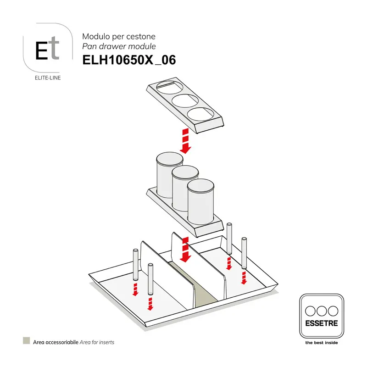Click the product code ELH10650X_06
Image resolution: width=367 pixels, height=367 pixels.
coord(129,60)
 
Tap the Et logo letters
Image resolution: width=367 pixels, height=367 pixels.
coord(47,48)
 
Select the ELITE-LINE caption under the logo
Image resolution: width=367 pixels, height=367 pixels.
coord(48,78)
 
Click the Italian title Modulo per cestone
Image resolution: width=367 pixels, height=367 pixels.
coord(119,37)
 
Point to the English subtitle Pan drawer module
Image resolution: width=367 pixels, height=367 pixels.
coord(119,46)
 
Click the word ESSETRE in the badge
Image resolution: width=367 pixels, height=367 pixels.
coord(322,323)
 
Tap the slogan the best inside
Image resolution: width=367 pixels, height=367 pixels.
coord(322,343)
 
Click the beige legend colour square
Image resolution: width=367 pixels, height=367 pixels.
coord(27,340)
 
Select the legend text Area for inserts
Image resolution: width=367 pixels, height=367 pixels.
coord(97,342)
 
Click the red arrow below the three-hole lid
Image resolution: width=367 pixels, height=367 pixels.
coord(186,141)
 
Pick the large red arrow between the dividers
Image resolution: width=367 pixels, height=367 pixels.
coord(186,250)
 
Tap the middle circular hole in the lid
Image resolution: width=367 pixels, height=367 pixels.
coord(185,101)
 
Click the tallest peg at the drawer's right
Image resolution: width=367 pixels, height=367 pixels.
coord(229,239)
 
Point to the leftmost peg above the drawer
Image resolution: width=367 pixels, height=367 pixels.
coord(135,265)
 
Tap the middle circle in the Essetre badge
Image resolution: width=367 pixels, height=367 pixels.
coord(322,311)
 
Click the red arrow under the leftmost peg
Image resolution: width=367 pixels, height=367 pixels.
coord(135,289)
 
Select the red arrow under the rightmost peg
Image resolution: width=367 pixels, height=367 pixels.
coord(244,278)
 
